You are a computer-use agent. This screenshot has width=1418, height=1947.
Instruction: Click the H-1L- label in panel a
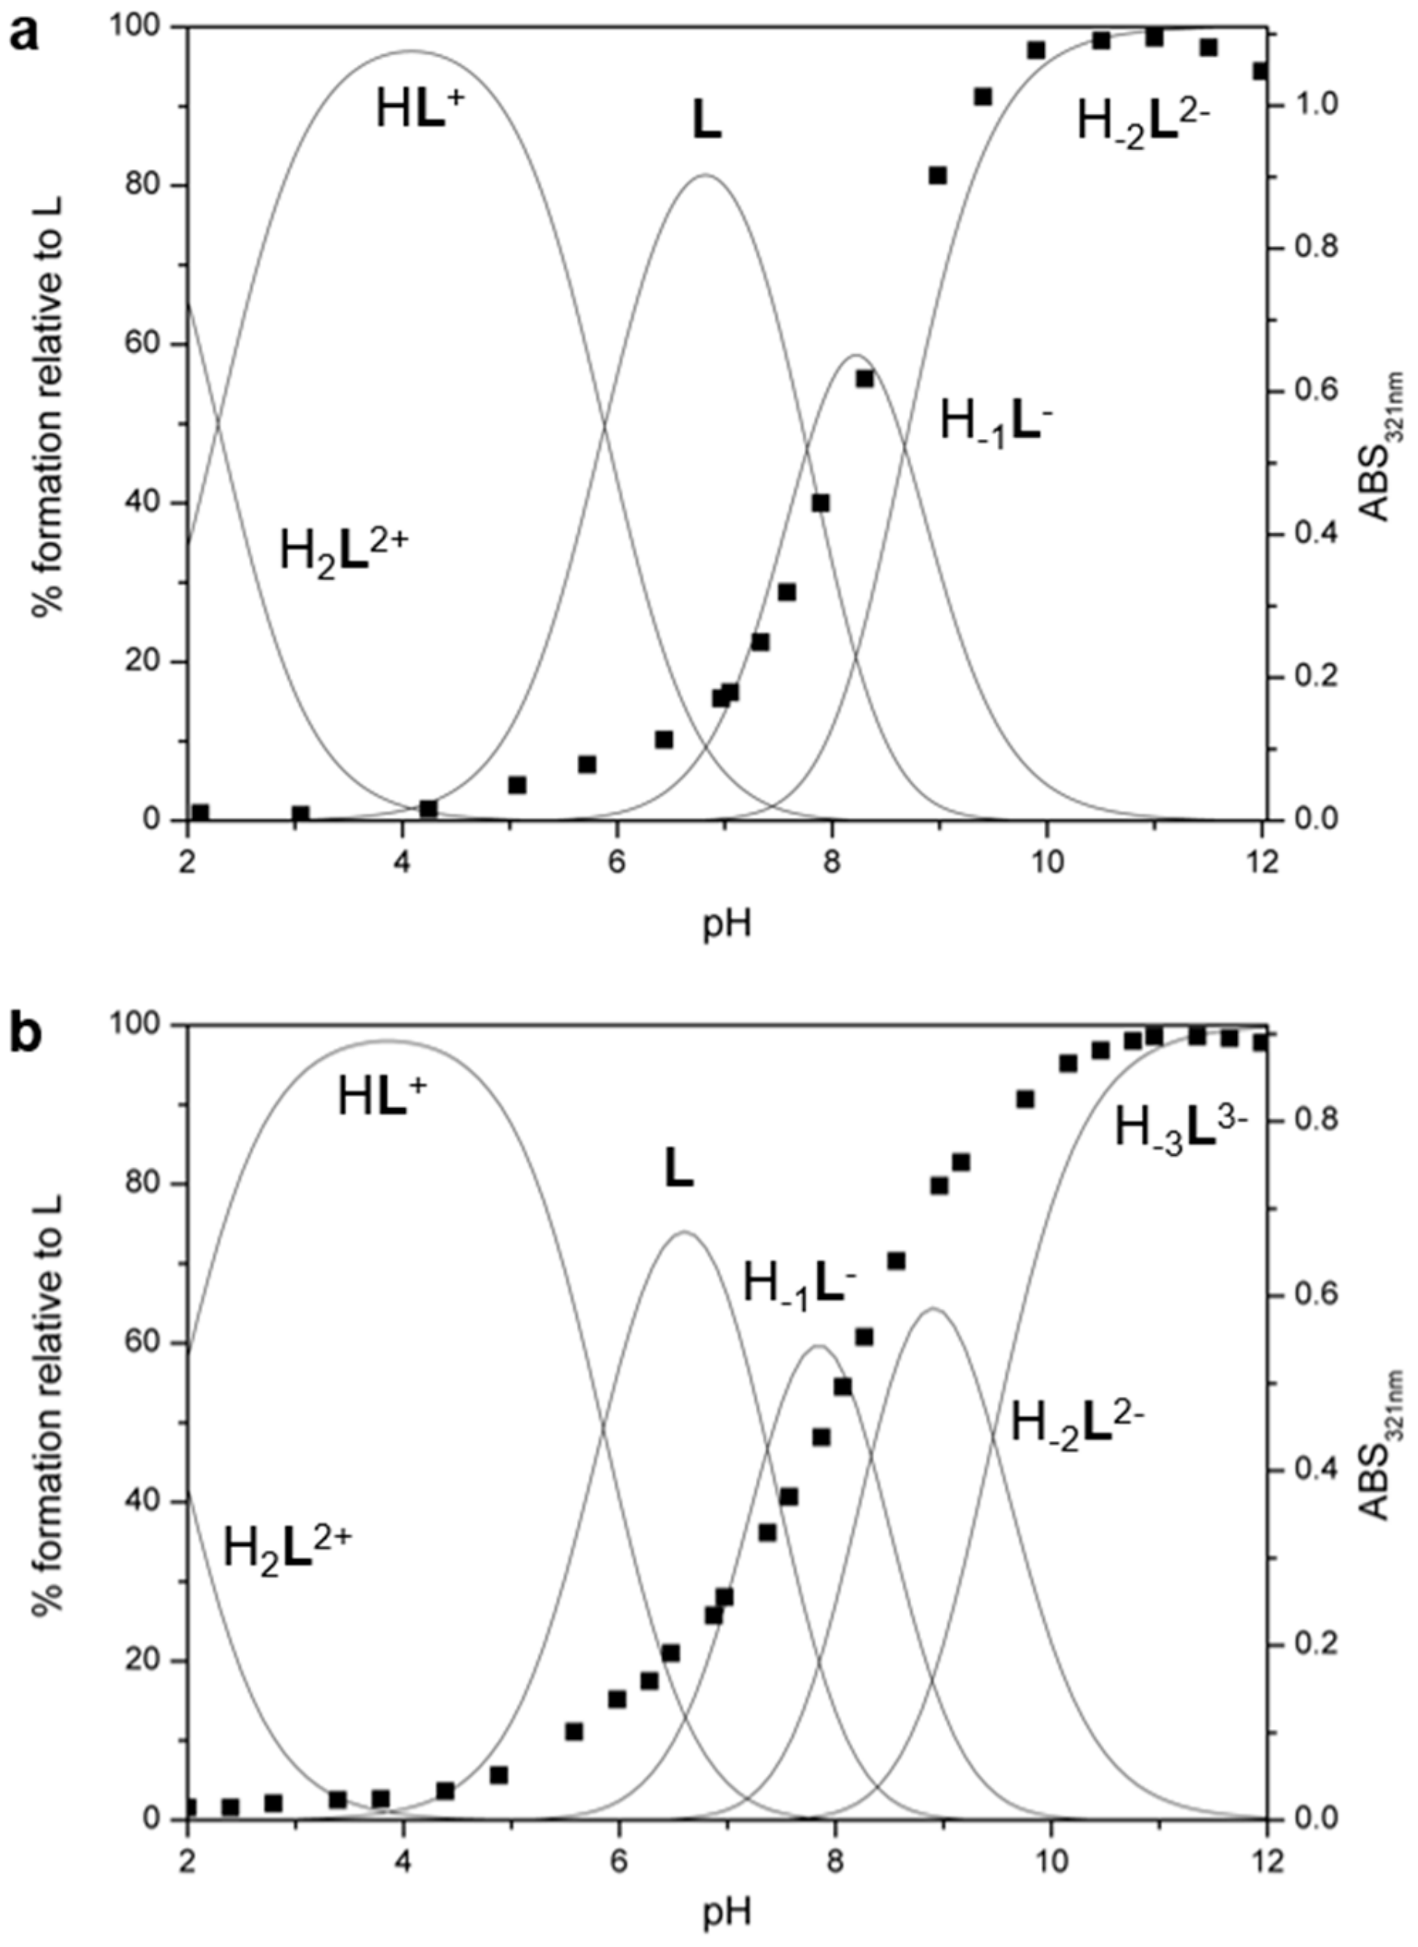click(x=996, y=422)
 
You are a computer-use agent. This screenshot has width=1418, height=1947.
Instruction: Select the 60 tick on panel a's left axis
click(x=151, y=344)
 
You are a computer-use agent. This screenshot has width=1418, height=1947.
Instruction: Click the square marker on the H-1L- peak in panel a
click(x=864, y=379)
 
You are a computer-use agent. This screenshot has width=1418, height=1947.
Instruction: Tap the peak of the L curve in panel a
click(x=704, y=175)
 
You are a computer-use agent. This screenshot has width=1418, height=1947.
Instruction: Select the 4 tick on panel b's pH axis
click(x=403, y=1859)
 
